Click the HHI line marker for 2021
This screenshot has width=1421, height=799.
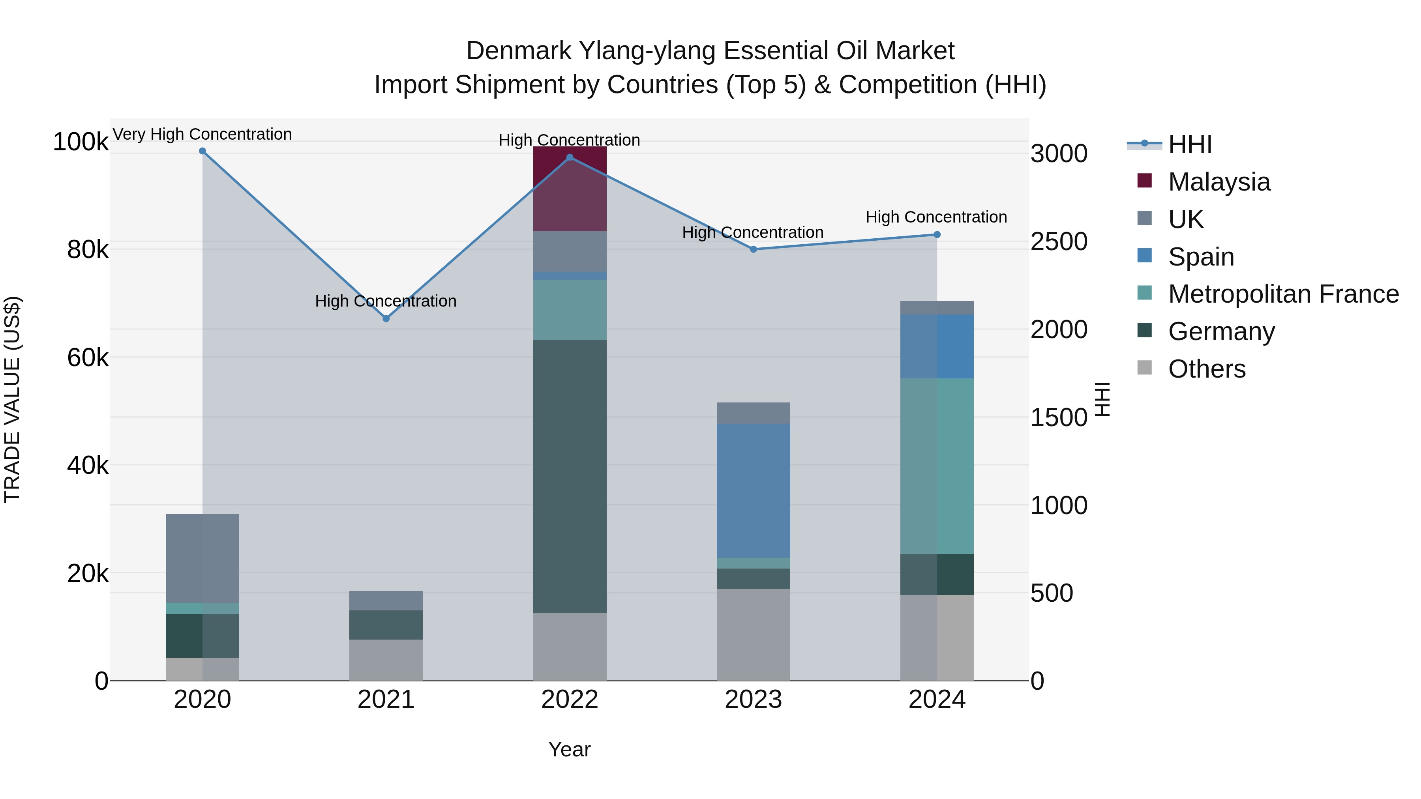point(386,319)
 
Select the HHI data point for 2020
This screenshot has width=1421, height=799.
point(202,151)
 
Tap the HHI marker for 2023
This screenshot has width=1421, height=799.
point(754,249)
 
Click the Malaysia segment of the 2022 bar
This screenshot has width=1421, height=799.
point(570,189)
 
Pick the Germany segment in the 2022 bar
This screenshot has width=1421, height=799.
point(570,476)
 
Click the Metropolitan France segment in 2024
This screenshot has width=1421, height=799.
point(937,466)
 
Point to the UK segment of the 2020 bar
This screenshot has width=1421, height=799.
point(202,558)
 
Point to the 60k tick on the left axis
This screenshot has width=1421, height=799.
point(88,358)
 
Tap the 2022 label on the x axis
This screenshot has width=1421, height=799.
point(570,700)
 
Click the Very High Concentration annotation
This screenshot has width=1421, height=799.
point(202,134)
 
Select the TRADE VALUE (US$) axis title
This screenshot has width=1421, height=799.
point(12,399)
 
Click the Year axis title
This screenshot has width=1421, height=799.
point(569,749)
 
